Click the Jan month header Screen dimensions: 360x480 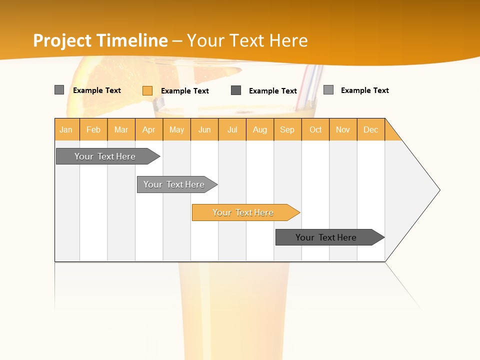(66, 129)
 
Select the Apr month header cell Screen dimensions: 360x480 (149, 129)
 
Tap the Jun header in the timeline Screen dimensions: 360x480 (204, 129)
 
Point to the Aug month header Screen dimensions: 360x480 (260, 129)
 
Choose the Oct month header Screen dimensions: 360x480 (315, 129)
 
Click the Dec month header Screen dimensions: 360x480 (371, 129)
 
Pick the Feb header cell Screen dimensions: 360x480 (93, 129)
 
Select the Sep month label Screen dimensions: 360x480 (287, 129)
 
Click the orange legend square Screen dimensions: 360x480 (147, 90)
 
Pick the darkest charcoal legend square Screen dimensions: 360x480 (236, 90)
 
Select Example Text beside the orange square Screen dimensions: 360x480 (185, 91)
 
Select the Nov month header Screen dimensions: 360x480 (343, 129)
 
